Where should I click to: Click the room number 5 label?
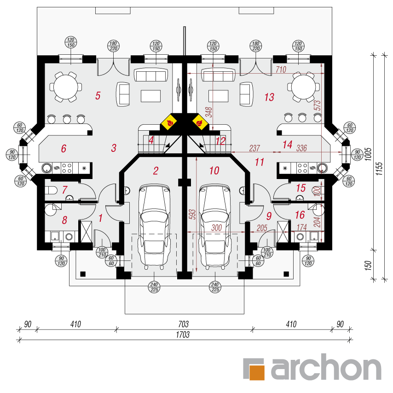(98, 96)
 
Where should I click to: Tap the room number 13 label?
(269, 97)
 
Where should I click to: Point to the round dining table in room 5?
(66, 87)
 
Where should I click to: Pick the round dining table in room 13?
(304, 87)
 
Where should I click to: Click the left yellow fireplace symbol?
(169, 122)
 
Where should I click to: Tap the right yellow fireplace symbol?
(200, 122)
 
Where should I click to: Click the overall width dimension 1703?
(183, 335)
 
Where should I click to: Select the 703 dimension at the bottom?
(183, 324)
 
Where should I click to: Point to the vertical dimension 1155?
(379, 168)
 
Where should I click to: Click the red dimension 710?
(281, 69)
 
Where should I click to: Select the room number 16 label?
(300, 215)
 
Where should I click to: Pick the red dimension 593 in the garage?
(192, 214)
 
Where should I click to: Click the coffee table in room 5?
(150, 96)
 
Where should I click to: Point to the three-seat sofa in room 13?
(218, 75)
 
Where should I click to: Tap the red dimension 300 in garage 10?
(217, 228)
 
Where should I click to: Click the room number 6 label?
(64, 148)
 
